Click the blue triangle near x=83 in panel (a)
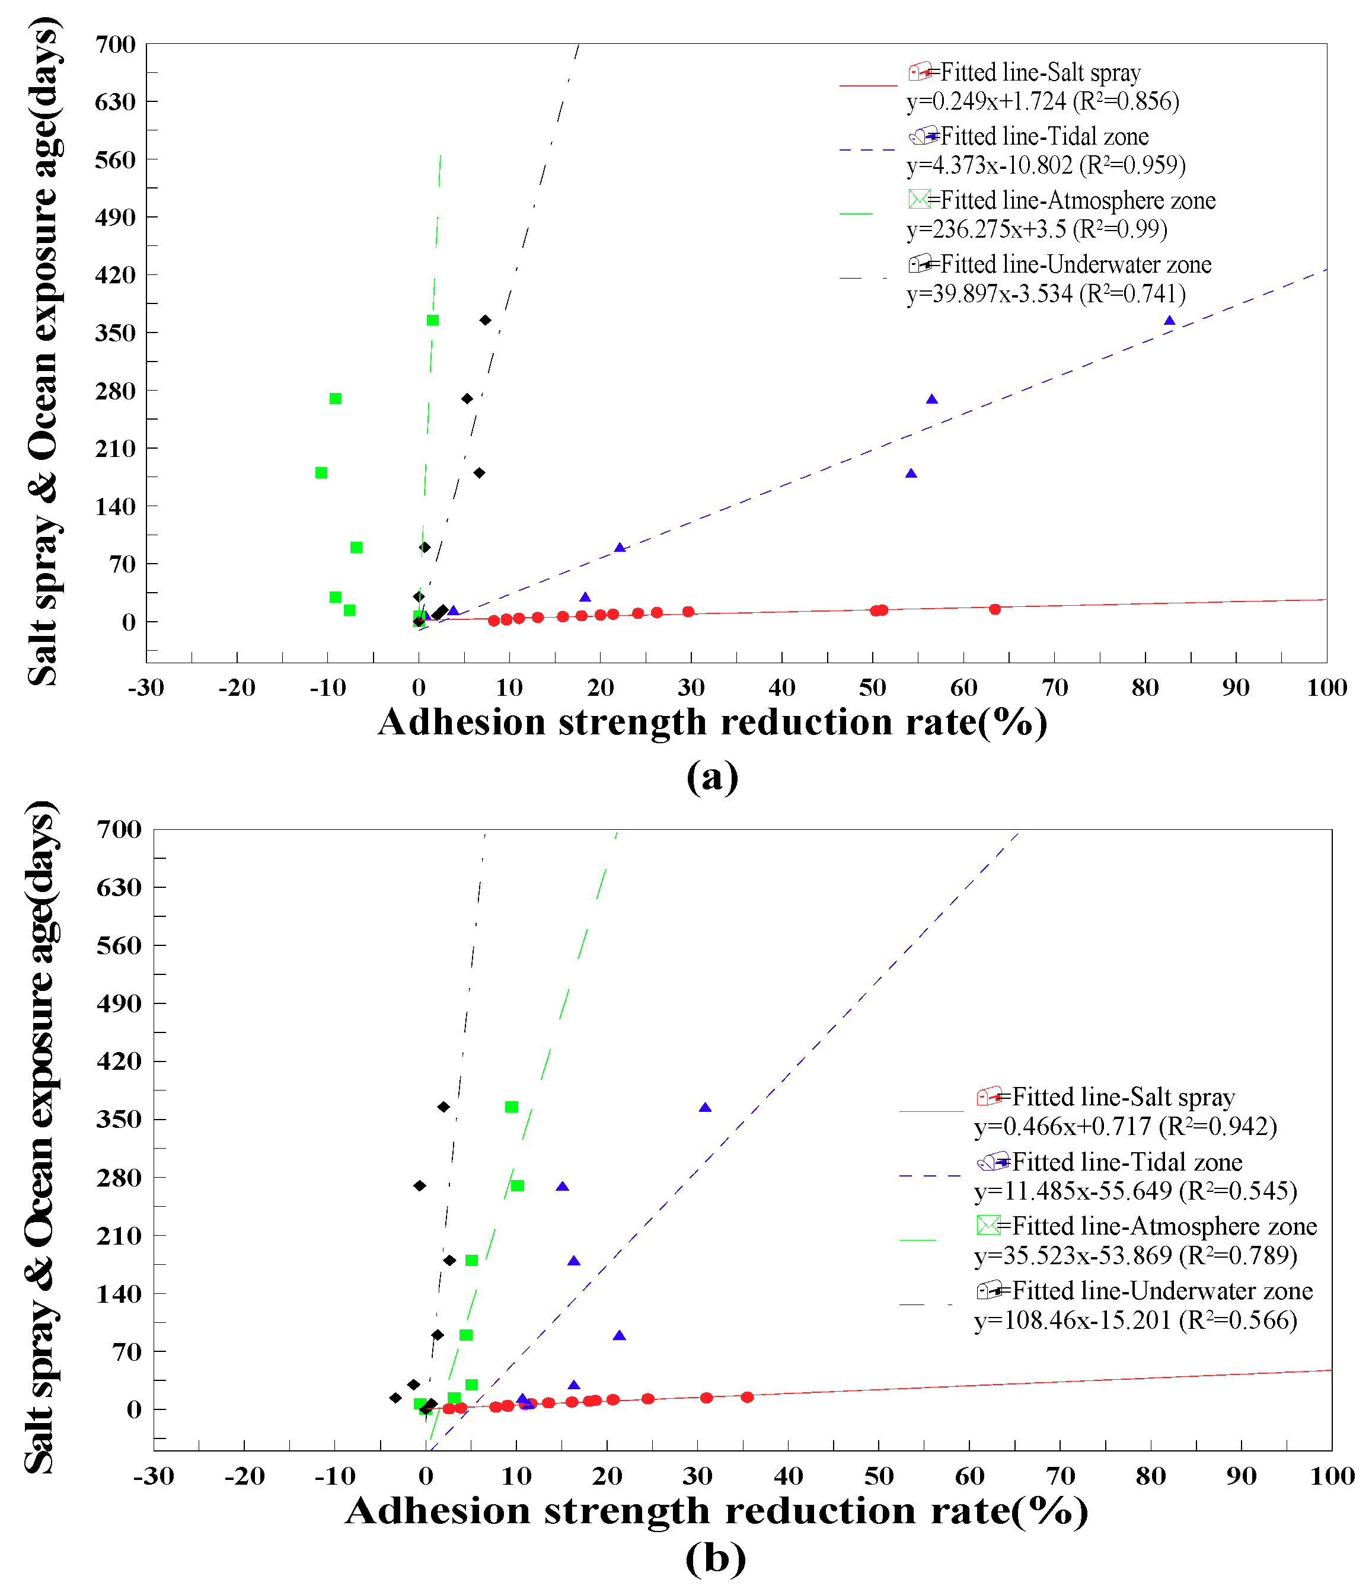[x=1169, y=321]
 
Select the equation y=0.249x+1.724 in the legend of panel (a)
[x=1042, y=101]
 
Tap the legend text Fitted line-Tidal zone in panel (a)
[x=1044, y=136]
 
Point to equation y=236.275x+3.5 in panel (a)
[x=1036, y=229]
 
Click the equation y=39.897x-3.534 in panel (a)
[x=1045, y=294]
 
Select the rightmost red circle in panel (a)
[x=995, y=609]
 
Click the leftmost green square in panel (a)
[x=321, y=472]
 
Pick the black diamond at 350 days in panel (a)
[x=485, y=320]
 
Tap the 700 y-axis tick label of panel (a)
[x=115, y=44]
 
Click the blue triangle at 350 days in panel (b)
[x=705, y=1107]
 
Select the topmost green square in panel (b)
[x=512, y=1107]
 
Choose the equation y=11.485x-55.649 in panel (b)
[x=1135, y=1190]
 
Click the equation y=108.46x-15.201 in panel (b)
[x=1135, y=1320]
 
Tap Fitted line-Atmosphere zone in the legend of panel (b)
[x=1164, y=1226]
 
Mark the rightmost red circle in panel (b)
[x=747, y=1398]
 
